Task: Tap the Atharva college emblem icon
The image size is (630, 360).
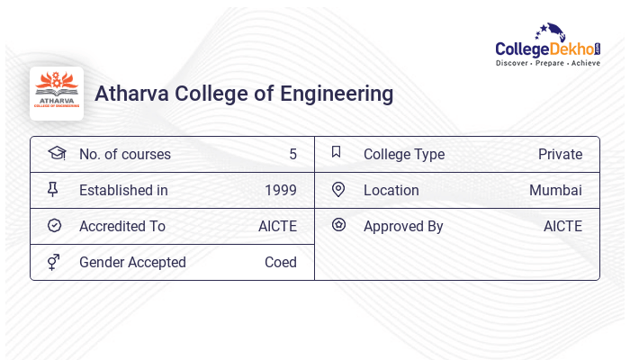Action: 57,94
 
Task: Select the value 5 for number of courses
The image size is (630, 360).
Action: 292,155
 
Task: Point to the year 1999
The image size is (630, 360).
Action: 281,191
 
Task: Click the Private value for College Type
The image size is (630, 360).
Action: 560,155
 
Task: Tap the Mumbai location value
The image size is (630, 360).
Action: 555,191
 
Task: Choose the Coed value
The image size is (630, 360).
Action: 281,263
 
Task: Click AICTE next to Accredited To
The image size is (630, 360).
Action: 277,227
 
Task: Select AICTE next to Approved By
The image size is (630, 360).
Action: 562,227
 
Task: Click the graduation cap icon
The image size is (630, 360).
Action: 56,153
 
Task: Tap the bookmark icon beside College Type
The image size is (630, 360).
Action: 336,152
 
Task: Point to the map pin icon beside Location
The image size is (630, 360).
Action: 338,189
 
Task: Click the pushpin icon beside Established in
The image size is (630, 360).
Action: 53,189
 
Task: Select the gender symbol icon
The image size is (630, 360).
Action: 53,262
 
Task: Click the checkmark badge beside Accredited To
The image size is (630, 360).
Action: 54,226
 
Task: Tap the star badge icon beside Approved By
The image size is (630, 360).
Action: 338,225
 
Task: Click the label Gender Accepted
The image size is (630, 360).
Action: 132,263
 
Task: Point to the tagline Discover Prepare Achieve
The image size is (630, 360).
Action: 548,64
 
